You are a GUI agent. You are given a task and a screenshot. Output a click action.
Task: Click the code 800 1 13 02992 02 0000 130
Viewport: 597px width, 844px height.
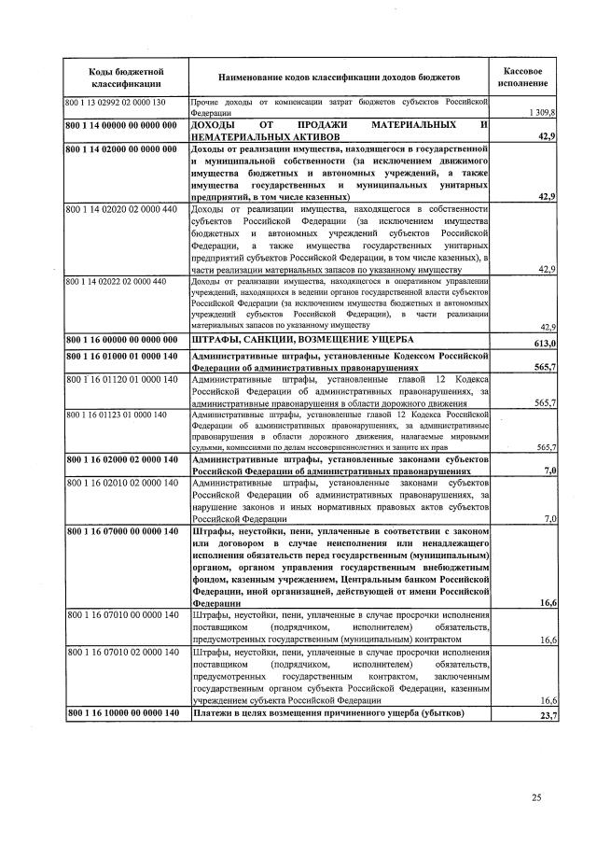coord(116,101)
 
